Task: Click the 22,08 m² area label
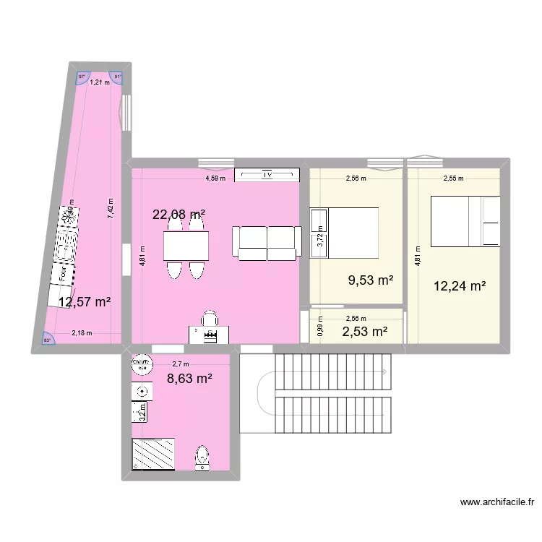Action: point(178,214)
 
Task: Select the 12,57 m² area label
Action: point(85,302)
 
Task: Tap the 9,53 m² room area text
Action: point(370,280)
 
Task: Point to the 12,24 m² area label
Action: point(459,286)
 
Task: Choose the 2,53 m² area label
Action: point(365,332)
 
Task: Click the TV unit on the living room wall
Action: point(267,174)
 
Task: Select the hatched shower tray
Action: point(153,454)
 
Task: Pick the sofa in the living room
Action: point(267,242)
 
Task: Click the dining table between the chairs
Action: point(186,246)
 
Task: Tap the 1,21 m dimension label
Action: point(100,82)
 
